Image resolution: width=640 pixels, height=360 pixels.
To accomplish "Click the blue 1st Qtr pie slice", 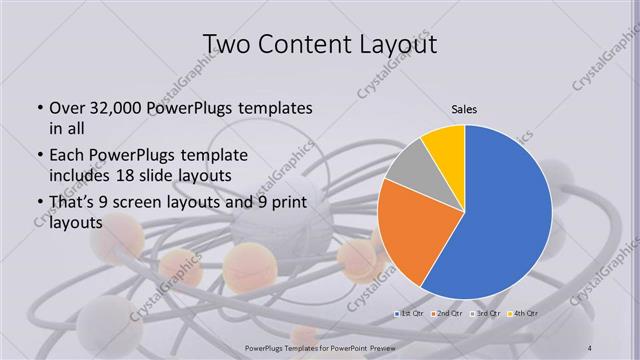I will [505, 215].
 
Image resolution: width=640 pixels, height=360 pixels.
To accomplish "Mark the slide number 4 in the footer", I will [589, 347].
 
